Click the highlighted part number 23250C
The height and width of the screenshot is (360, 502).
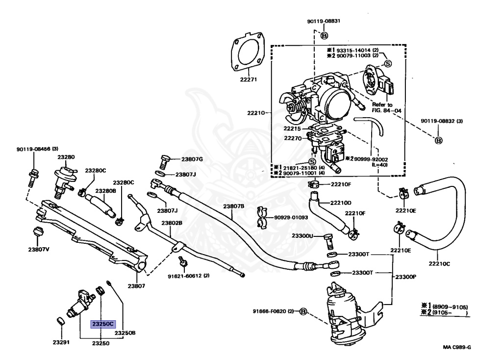click(x=103, y=324)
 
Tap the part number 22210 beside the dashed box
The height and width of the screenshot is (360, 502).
click(x=256, y=113)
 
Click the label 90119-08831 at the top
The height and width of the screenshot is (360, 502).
click(x=324, y=21)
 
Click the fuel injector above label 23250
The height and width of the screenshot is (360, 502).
click(x=80, y=303)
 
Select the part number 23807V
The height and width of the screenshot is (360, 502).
click(x=39, y=249)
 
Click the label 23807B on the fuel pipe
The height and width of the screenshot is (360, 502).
click(x=234, y=206)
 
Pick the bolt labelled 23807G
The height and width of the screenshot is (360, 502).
click(x=164, y=162)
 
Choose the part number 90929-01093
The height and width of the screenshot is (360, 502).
click(x=291, y=217)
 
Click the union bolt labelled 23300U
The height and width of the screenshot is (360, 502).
click(x=329, y=241)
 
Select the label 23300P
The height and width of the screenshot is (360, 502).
click(x=405, y=277)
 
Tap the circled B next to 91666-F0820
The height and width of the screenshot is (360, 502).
click(x=303, y=311)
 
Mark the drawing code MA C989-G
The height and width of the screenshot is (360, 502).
click(x=457, y=347)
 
